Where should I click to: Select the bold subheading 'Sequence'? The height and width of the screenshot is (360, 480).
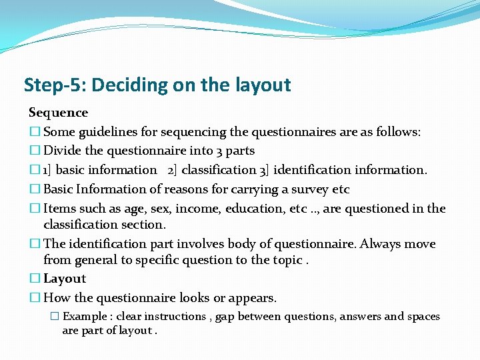coord(58,113)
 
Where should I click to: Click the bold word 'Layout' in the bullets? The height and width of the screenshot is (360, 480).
coord(65,279)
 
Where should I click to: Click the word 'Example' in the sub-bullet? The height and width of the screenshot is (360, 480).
coord(87,317)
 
